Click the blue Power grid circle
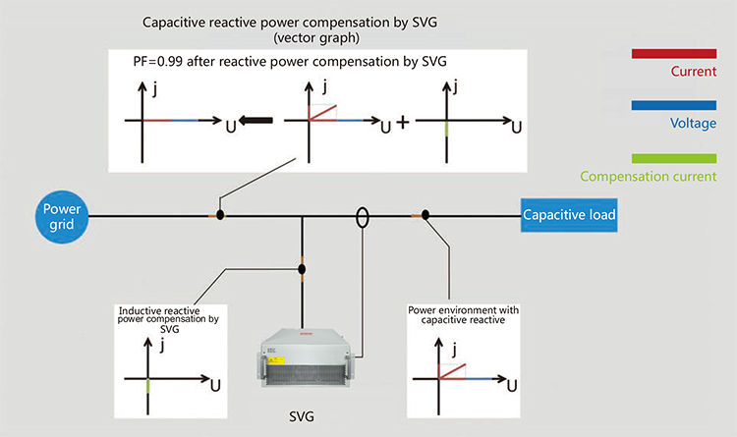click(62, 217)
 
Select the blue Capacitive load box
click(569, 215)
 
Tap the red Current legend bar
click(674, 54)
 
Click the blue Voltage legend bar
click(674, 105)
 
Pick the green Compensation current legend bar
click(674, 158)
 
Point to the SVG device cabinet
click(304, 358)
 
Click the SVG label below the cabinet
click(302, 416)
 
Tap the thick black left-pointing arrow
click(255, 120)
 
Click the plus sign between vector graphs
click(403, 122)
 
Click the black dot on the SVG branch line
click(302, 269)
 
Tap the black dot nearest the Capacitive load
click(425, 215)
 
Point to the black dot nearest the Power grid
click(220, 216)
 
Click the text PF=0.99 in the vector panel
click(157, 62)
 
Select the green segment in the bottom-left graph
click(148, 386)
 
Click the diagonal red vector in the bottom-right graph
click(452, 371)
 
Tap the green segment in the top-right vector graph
click(446, 129)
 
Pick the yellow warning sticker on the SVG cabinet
click(276, 360)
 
